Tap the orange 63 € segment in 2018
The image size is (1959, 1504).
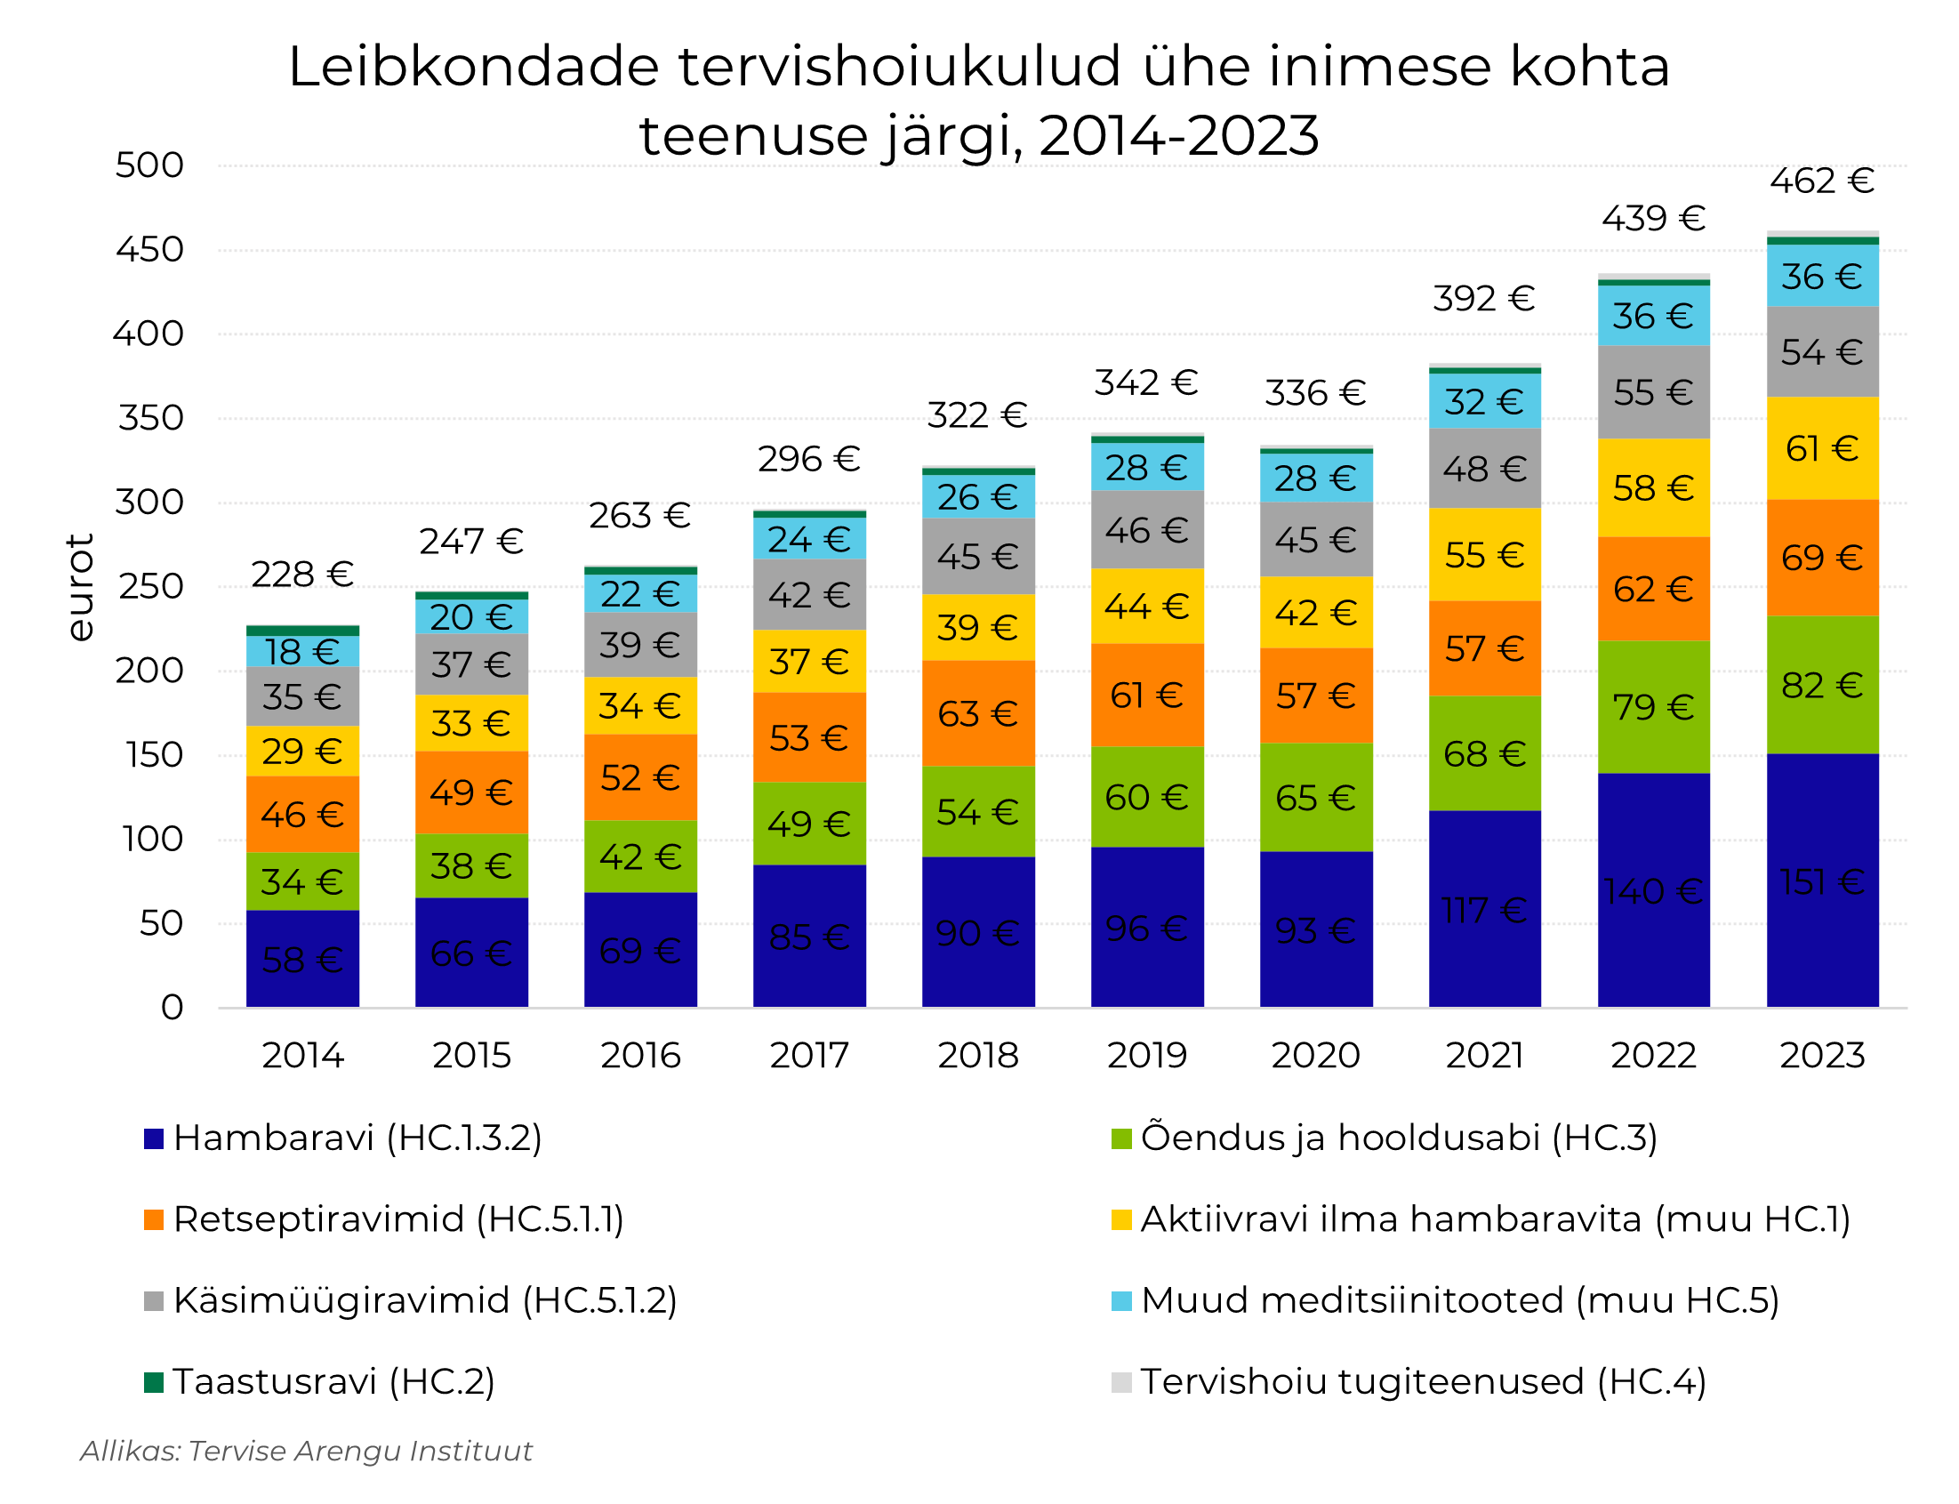(x=977, y=713)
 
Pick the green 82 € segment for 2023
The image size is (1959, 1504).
(x=1821, y=685)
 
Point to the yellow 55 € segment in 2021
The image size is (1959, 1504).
(x=1484, y=555)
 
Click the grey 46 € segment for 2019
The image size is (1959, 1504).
(x=1146, y=530)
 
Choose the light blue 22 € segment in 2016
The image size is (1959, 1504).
(x=640, y=592)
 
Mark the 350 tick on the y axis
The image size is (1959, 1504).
(x=150, y=418)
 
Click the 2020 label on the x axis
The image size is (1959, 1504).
(x=1314, y=1056)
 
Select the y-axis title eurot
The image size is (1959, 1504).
(x=81, y=586)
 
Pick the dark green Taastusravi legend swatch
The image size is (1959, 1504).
(x=154, y=1382)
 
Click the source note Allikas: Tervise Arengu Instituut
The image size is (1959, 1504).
(x=306, y=1452)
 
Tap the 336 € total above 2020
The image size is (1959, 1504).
(x=1314, y=393)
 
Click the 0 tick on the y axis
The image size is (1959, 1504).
(x=172, y=1008)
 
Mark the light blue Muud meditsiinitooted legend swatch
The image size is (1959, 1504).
(x=1120, y=1301)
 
